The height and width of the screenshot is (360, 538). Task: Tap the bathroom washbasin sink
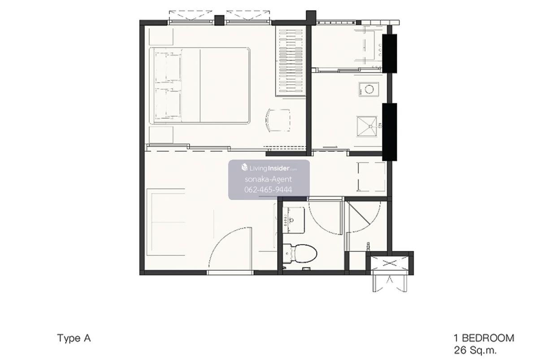[294, 220]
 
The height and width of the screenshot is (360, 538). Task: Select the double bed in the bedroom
[200, 86]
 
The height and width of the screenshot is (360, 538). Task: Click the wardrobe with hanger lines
[291, 61]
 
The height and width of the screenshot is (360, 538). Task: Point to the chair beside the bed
[278, 120]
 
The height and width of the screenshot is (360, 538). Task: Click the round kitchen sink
[369, 89]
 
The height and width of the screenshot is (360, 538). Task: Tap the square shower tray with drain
[367, 126]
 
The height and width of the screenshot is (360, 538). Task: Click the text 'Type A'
[74, 338]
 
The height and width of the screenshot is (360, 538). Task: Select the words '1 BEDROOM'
[484, 338]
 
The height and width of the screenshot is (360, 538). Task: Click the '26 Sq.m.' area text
[475, 351]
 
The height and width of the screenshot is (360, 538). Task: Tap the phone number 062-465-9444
[268, 190]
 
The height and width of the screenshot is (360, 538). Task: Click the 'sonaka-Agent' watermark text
[268, 179]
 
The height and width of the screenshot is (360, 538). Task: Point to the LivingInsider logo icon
[244, 167]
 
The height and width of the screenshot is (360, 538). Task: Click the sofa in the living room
[166, 222]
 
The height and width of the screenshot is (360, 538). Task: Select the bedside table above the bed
[161, 36]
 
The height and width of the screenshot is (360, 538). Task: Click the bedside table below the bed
[161, 135]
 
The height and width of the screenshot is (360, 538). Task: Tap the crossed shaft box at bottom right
[389, 264]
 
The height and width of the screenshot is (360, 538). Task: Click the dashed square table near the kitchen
[371, 177]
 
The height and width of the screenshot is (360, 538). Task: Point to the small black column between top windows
[219, 21]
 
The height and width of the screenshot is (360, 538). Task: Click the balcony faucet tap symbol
[368, 247]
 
